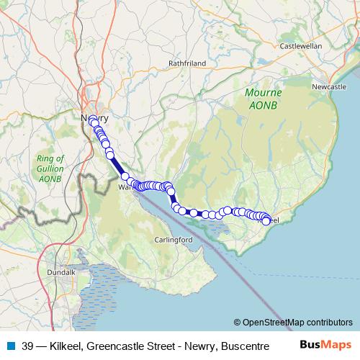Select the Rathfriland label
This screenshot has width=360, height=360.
187,63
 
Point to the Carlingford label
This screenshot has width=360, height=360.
173,239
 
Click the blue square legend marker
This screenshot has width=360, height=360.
11,345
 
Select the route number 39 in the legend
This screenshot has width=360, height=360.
27,345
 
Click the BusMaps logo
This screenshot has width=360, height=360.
327,344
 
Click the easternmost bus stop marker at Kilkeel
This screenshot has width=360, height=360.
266,220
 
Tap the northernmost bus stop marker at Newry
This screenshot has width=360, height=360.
93,121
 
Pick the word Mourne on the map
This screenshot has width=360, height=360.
263,92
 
